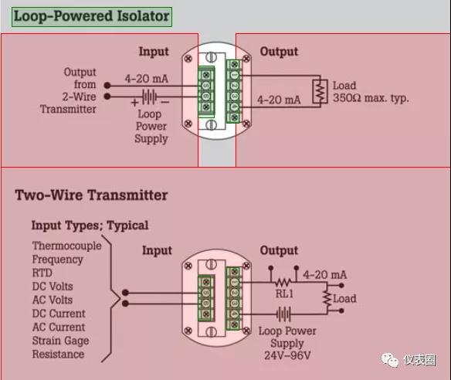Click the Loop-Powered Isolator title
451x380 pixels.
point(91,16)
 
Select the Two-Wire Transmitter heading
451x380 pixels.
point(91,195)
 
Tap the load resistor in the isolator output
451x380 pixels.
point(320,91)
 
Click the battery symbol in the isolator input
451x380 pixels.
point(150,97)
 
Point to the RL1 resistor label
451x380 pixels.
point(284,293)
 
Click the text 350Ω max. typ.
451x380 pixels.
point(371,98)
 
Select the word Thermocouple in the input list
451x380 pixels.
point(66,246)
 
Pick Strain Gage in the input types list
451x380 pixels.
point(60,341)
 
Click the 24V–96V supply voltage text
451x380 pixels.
point(287,355)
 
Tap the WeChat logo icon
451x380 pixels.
point(389,360)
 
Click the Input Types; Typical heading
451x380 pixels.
point(90,226)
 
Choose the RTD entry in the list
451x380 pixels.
point(42,273)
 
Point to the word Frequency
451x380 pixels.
point(57,260)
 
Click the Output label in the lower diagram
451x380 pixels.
point(279,250)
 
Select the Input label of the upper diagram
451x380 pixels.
point(154,52)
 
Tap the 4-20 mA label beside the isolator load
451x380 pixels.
point(279,100)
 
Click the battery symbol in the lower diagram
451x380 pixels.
point(284,314)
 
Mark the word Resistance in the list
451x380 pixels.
point(58,354)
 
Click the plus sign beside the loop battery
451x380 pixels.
point(134,103)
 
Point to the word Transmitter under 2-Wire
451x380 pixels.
point(68,110)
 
